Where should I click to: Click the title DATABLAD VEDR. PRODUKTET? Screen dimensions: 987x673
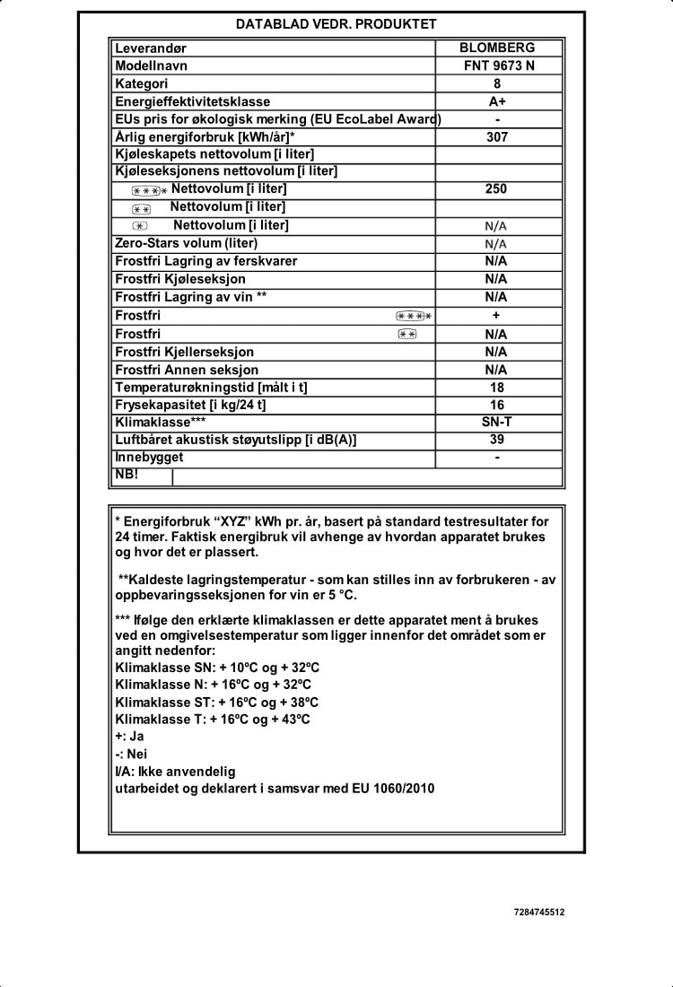click(x=336, y=24)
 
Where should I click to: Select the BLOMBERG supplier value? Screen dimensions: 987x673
click(x=496, y=48)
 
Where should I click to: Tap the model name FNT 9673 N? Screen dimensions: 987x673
click(x=496, y=66)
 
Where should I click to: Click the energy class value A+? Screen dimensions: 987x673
click(x=497, y=101)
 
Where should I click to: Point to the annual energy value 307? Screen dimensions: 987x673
click(x=497, y=137)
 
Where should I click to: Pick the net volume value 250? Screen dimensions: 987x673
click(x=496, y=189)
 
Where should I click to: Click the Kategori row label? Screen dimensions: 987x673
click(x=142, y=83)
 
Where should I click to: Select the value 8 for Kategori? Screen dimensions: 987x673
click(x=497, y=83)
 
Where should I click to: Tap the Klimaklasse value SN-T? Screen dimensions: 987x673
click(x=496, y=422)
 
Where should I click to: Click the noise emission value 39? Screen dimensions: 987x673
click(x=496, y=440)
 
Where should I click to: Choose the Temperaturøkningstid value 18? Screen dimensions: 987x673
click(x=496, y=388)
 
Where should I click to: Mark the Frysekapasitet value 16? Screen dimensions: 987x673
click(x=496, y=405)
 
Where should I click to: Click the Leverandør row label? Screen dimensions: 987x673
click(x=151, y=48)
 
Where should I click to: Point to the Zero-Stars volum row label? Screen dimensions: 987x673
click(x=186, y=243)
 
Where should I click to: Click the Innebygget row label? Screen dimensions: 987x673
click(x=149, y=457)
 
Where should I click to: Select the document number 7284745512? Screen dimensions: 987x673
click(x=539, y=913)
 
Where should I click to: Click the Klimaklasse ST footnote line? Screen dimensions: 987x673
click(x=217, y=702)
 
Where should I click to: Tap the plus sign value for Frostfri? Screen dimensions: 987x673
click(x=496, y=316)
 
